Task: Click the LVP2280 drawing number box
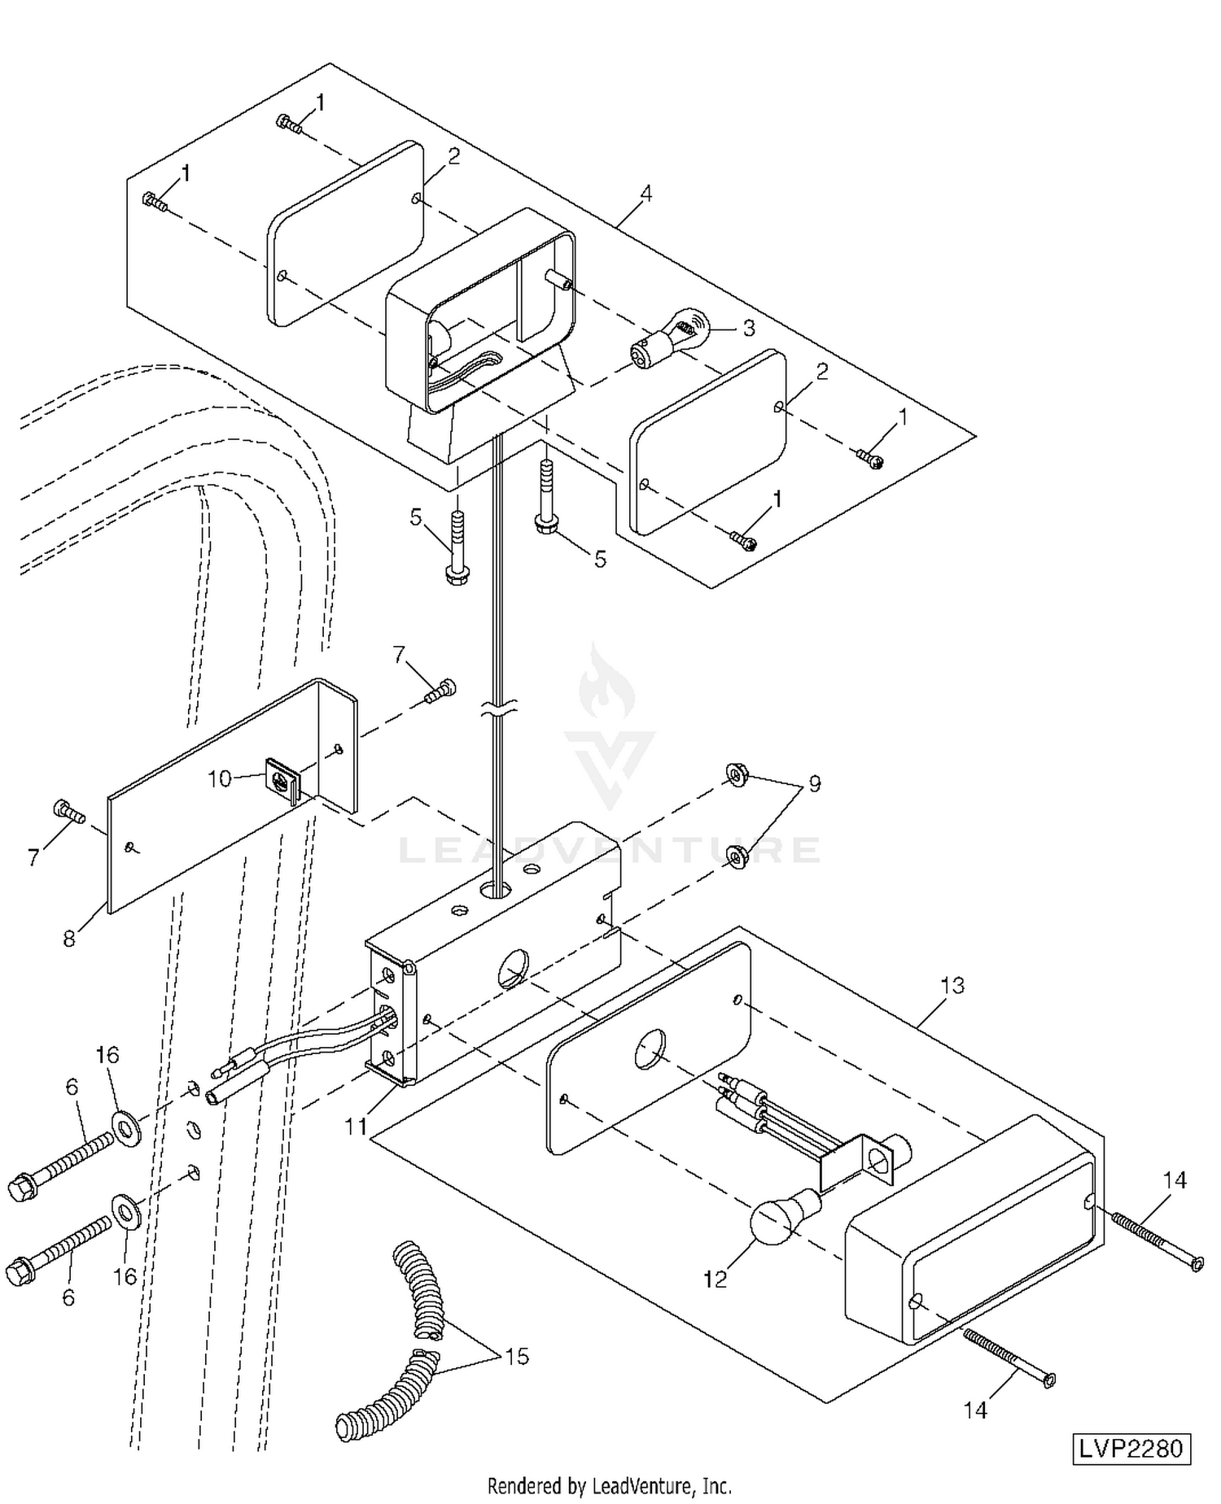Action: point(1131,1449)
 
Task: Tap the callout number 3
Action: point(748,328)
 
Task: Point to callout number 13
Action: point(952,986)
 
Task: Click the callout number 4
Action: point(646,194)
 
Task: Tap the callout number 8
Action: point(69,938)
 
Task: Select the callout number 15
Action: point(517,1357)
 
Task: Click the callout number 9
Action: point(813,783)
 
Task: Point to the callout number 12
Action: point(715,1279)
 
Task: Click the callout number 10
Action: point(220,778)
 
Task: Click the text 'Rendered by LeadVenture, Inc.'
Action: point(610,1486)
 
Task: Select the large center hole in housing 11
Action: point(513,966)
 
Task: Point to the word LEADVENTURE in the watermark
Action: point(610,850)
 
